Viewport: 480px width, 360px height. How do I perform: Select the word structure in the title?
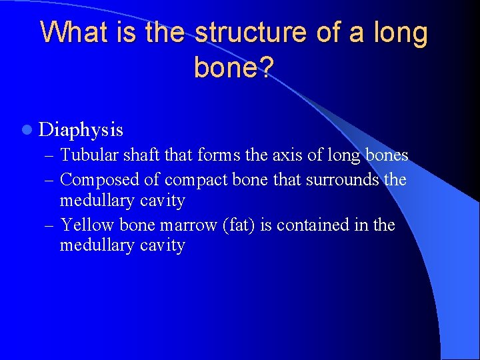[242, 32]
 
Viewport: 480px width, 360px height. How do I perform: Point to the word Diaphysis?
[81, 128]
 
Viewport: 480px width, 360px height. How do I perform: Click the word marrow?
[188, 225]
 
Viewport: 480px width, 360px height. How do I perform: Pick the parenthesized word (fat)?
[239, 225]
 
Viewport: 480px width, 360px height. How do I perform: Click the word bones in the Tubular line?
[387, 155]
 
